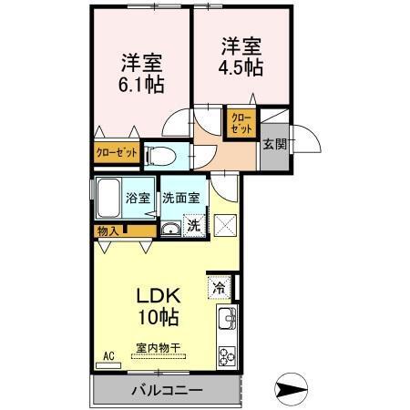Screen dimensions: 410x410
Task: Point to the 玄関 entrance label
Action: pos(274,144)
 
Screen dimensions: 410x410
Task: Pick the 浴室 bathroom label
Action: pos(138,197)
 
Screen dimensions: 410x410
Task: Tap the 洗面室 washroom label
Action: pos(182,197)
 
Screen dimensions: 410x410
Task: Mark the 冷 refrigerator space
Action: pos(220,289)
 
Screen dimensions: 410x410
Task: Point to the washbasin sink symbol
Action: pos(169,228)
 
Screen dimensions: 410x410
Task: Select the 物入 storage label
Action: pos(108,231)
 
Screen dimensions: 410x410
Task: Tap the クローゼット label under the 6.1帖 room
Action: pos(117,153)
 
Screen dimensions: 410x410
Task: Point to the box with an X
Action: pos(224,223)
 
